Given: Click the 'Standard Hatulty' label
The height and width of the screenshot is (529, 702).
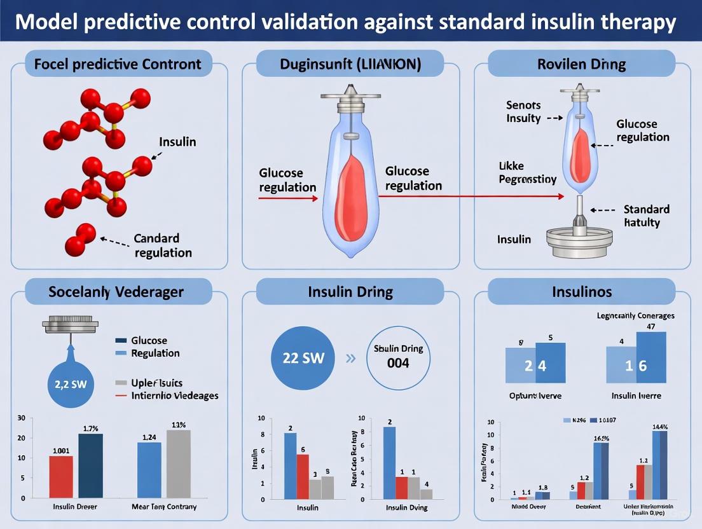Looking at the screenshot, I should point(646,216).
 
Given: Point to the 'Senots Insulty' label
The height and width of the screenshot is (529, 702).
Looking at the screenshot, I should point(523,111).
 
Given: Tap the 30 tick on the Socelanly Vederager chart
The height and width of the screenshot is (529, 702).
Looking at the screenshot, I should point(22,418).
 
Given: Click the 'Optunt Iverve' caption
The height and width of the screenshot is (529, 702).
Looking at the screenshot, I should point(535,395).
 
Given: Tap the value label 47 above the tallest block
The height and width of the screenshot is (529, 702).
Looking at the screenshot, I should point(651,327).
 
